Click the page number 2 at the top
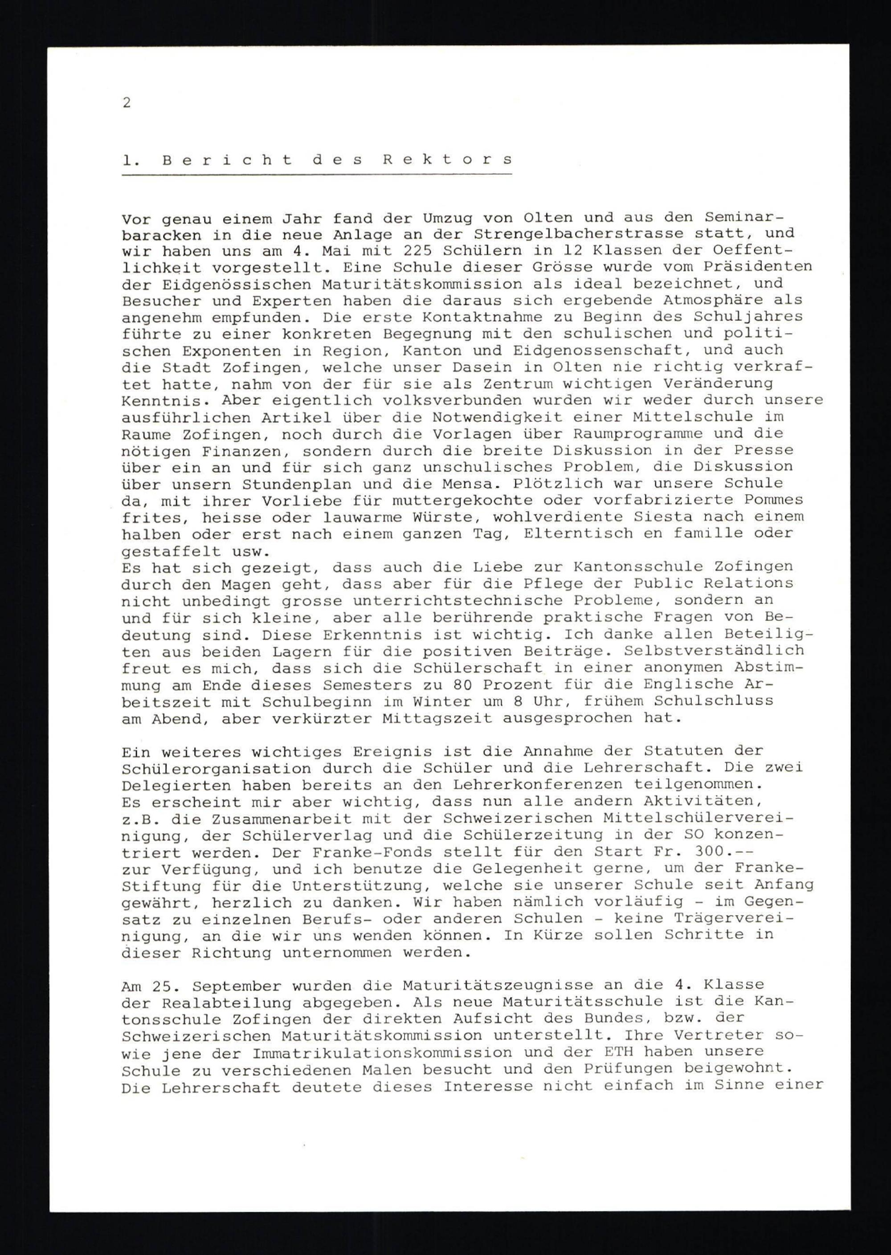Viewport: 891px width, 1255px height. tap(127, 102)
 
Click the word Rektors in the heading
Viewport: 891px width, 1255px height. tap(447, 159)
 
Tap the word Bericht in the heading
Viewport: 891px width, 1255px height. tap(228, 159)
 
